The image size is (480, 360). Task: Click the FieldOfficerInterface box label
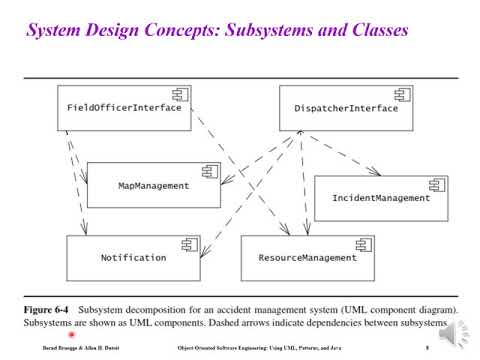(124, 108)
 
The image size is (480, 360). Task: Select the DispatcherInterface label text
(345, 108)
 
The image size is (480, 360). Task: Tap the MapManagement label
(153, 186)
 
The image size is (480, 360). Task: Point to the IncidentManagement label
(380, 198)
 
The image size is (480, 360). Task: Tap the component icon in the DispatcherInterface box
(402, 95)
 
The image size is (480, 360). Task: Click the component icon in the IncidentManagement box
(435, 185)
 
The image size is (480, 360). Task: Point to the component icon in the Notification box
(186, 245)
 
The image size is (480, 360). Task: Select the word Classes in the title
(374, 31)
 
